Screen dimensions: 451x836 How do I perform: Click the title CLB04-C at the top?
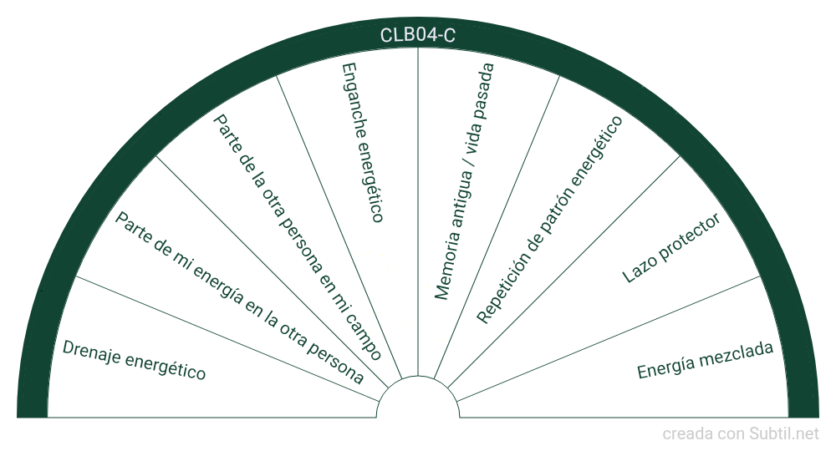418,35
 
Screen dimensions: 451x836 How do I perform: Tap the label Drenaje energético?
134,360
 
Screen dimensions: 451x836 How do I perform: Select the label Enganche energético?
362,141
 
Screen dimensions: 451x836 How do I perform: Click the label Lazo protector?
671,248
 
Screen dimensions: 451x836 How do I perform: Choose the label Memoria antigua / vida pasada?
465,180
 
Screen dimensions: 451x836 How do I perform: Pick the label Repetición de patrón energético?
549,219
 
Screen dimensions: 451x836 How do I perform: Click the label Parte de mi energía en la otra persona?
239,297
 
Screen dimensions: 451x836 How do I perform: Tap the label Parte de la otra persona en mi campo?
298,237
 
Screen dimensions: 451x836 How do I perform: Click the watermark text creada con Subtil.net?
741,434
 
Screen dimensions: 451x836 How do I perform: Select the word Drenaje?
91,352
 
